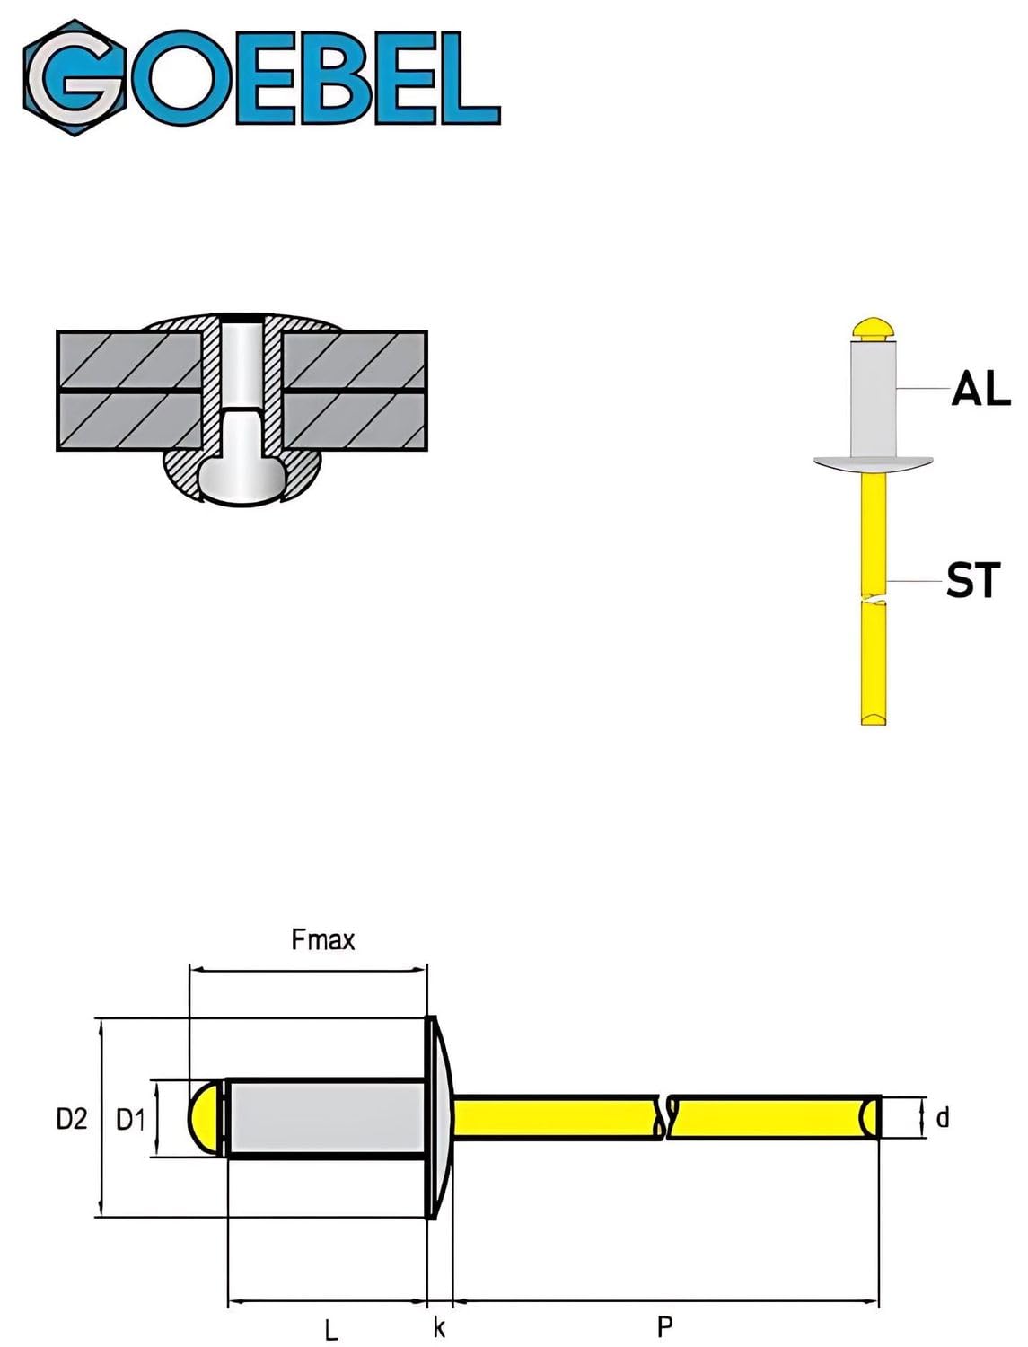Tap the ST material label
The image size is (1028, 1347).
pyautogui.click(x=972, y=580)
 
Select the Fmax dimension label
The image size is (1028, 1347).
pyautogui.click(x=323, y=940)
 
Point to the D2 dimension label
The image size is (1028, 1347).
pyautogui.click(x=72, y=1118)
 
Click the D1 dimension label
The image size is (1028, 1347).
pyautogui.click(x=131, y=1119)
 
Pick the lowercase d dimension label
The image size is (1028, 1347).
pyautogui.click(x=942, y=1117)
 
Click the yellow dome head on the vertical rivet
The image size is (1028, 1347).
pyautogui.click(x=873, y=328)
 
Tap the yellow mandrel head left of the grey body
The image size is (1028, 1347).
pyautogui.click(x=206, y=1118)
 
